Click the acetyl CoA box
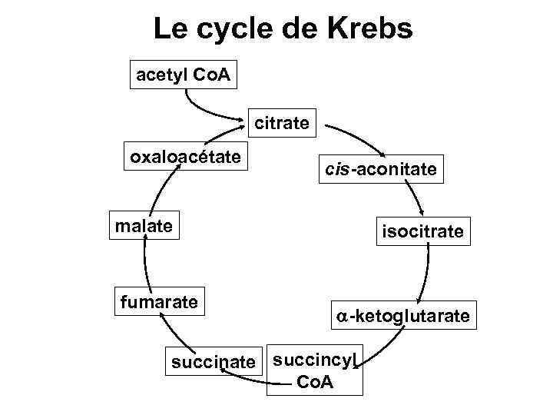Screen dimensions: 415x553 [184, 75]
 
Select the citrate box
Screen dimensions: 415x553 [282, 122]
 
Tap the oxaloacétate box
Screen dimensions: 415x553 [184, 158]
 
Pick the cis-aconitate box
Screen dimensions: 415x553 [381, 170]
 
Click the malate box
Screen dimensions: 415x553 [144, 226]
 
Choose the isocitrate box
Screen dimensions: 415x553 [423, 231]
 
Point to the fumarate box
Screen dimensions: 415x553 [158, 301]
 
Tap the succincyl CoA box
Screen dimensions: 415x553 [315, 370]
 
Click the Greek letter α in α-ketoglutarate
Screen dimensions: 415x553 [339, 316]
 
